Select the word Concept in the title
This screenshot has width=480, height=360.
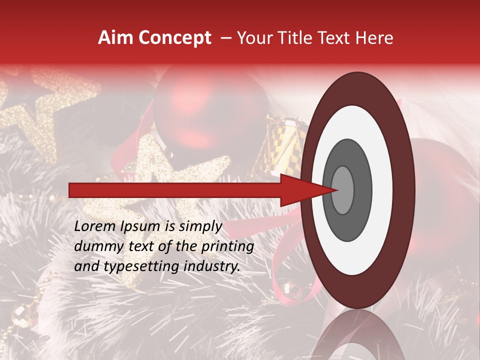[x=174, y=38]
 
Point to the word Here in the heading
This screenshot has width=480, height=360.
[x=374, y=38]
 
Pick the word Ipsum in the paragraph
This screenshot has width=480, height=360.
[x=141, y=226]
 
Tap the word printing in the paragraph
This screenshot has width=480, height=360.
[x=227, y=246]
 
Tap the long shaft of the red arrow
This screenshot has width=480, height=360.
[x=175, y=190]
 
